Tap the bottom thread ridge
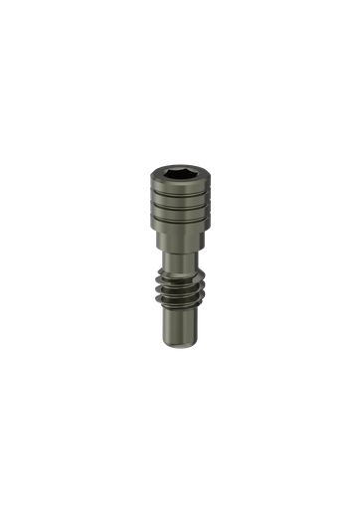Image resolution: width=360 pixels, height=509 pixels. click(179, 296)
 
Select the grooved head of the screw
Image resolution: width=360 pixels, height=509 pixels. click(179, 204)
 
